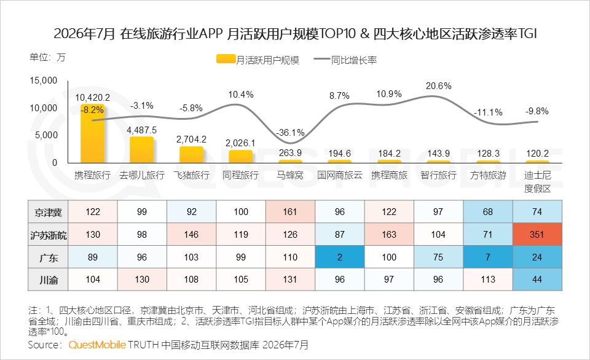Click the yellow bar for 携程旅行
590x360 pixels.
93,133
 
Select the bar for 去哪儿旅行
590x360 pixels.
142,150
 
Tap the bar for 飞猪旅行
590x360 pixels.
192,155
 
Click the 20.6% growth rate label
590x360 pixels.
438,86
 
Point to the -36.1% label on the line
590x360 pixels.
290,133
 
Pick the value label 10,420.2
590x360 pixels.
93,98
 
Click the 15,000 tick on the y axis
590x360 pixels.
44,80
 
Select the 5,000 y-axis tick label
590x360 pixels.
46,135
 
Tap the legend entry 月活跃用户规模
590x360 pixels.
258,60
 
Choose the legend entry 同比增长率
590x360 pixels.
345,60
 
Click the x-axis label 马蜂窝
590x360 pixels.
290,175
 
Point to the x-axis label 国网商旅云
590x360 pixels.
340,175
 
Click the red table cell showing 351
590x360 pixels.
537,234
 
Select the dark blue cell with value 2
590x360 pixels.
340,257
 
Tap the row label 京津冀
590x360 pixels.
48,212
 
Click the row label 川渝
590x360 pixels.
49,280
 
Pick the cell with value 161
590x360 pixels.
290,212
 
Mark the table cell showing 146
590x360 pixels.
192,234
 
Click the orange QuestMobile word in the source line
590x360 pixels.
97,345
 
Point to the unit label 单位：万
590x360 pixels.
48,58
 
